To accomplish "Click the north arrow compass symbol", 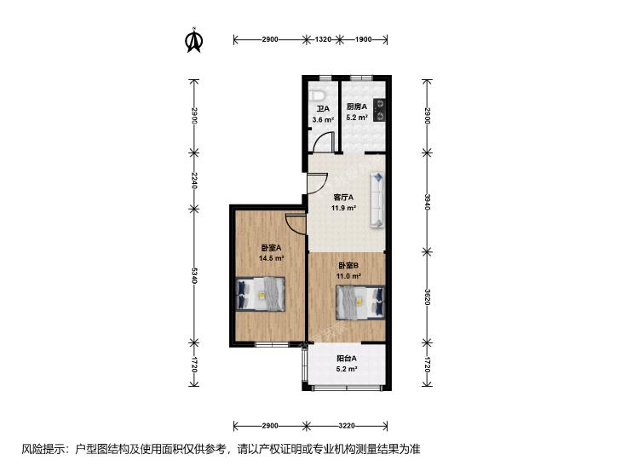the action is tap(194, 39).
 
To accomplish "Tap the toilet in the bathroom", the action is tap(317, 95).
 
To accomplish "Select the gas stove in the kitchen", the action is tap(378, 110).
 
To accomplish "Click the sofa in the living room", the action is tap(377, 200).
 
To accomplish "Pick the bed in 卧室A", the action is tap(261, 294).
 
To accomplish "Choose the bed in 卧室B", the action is tap(360, 302).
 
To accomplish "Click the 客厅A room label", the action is tap(343, 197).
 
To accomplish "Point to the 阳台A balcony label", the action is tap(347, 359).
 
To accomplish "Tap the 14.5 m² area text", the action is tap(271, 258).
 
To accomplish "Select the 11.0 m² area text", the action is tap(348, 276).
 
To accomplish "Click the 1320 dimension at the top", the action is tap(323, 39).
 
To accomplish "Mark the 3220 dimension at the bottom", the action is tap(347, 426).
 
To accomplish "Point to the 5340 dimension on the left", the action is tap(193, 276).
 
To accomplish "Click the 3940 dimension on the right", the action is tap(427, 202).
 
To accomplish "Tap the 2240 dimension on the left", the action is tap(193, 180).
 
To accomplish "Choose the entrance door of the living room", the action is tap(318, 183).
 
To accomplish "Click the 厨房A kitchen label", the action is tap(357, 106).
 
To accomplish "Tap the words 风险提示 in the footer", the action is tap(44, 449).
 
